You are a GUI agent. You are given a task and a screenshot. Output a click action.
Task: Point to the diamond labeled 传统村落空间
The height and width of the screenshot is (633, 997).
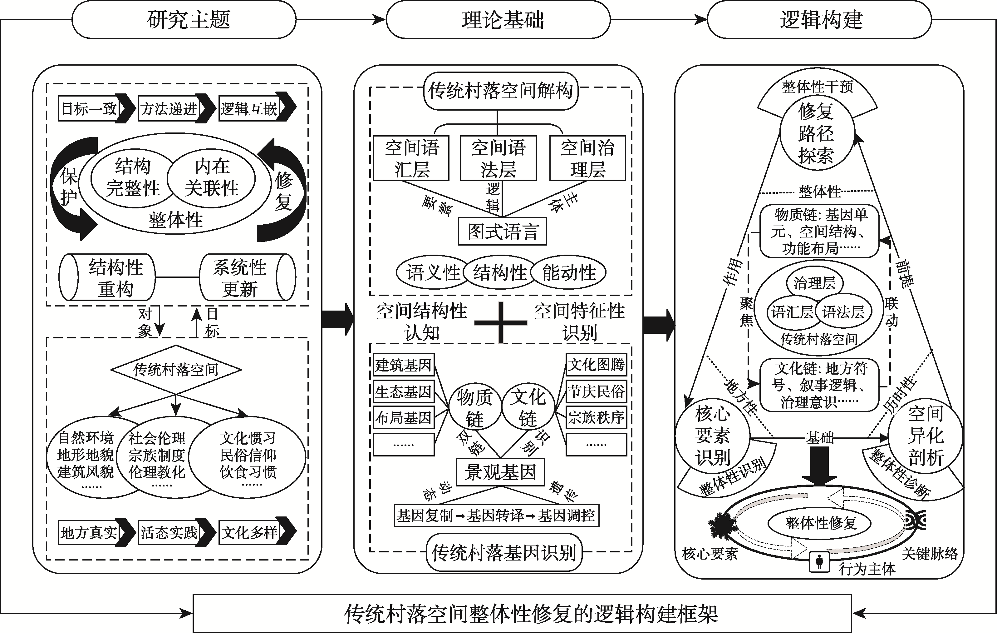(176, 369)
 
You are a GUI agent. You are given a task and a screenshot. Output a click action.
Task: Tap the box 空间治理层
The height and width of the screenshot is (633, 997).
(587, 158)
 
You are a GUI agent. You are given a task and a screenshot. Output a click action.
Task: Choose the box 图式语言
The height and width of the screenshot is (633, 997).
(502, 232)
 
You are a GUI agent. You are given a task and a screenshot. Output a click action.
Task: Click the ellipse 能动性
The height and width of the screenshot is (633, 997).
(569, 273)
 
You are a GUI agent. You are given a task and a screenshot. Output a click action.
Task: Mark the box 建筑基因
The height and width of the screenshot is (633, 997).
(403, 365)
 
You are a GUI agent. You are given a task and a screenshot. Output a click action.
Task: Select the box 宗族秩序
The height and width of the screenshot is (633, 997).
(596, 417)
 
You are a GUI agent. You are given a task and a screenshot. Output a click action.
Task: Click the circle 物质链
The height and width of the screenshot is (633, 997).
(474, 407)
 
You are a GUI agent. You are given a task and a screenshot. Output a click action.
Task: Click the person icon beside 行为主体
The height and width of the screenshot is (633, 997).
(819, 562)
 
